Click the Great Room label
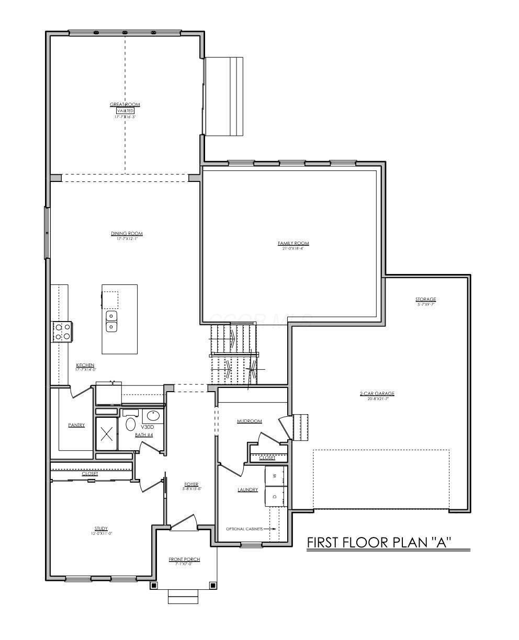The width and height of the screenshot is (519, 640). (x=125, y=105)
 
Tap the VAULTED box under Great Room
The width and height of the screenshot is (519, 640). (x=125, y=111)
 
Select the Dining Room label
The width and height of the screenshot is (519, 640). (x=127, y=234)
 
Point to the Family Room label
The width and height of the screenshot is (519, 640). (x=293, y=243)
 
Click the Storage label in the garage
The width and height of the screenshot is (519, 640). (x=425, y=300)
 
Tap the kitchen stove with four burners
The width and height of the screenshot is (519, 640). (x=63, y=332)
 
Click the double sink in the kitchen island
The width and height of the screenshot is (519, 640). (x=111, y=322)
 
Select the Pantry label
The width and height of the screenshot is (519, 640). (x=76, y=425)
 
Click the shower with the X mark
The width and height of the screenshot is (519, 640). (x=107, y=433)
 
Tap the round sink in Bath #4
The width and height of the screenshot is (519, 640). (x=152, y=416)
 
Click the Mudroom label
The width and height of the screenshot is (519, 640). (x=249, y=421)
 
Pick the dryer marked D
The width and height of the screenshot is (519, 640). (x=275, y=496)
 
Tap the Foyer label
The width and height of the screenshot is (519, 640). (x=191, y=484)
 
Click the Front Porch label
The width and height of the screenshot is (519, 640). (x=184, y=559)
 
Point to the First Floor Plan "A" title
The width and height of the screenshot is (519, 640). (x=379, y=542)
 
